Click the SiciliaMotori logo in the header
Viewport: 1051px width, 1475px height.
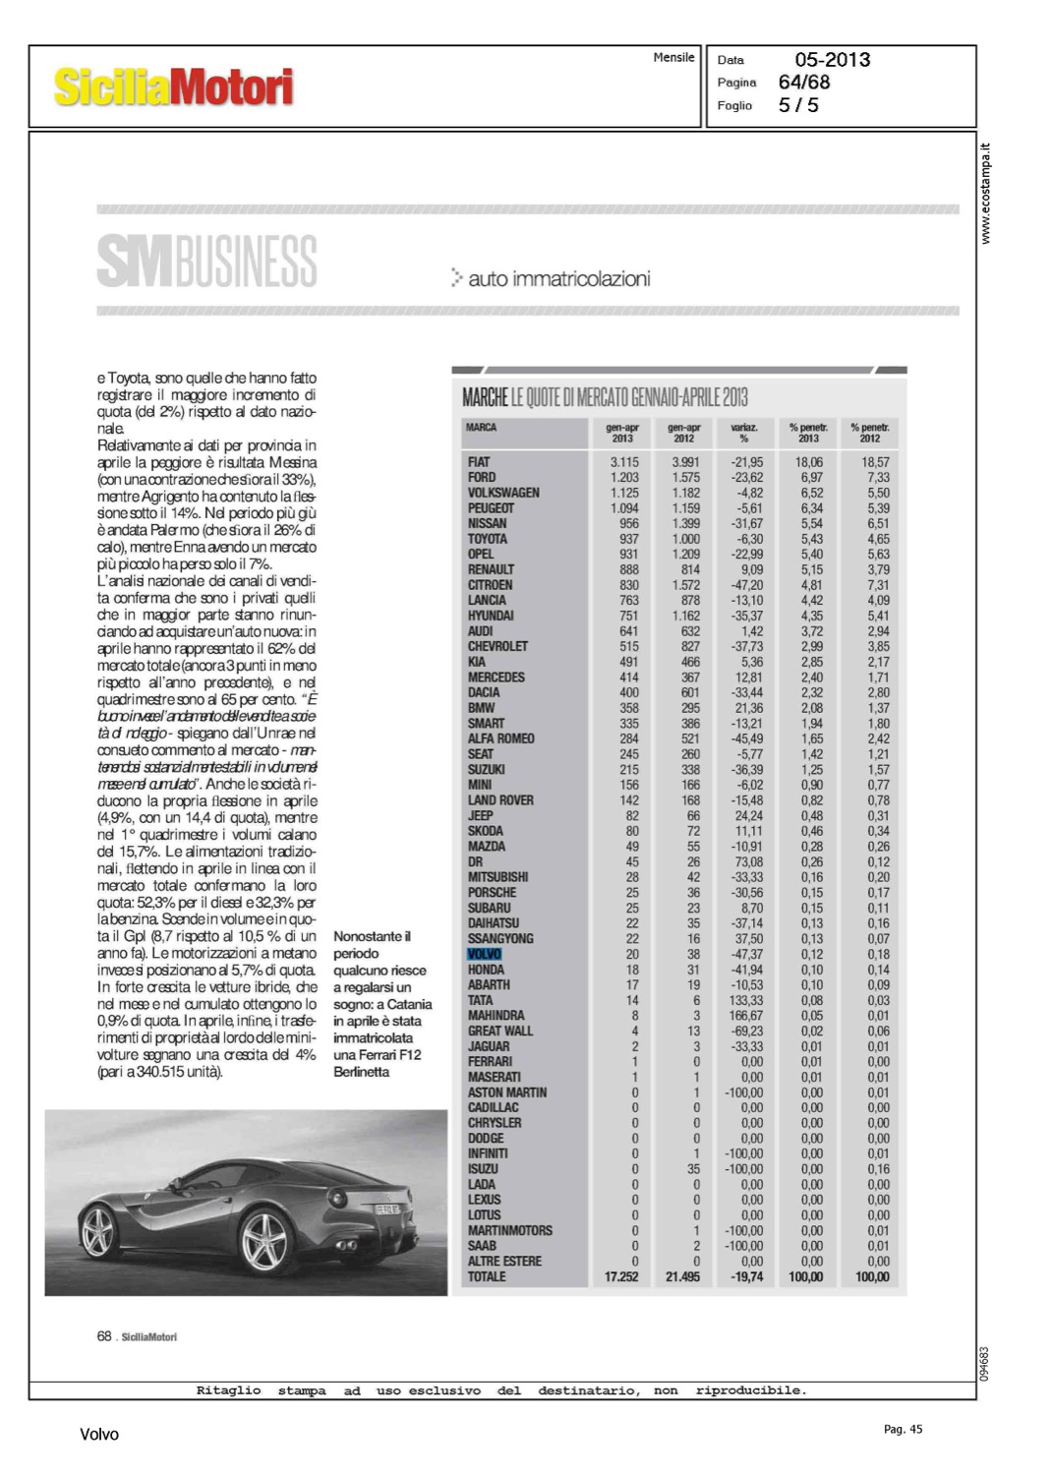(173, 87)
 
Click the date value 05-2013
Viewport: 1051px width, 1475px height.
(832, 60)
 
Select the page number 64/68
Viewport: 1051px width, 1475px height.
(804, 83)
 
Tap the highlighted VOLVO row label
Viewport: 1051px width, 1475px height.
(485, 954)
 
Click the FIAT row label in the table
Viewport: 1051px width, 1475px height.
(479, 462)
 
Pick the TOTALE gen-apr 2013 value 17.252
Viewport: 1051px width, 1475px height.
(621, 1276)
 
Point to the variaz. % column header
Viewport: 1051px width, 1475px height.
(744, 433)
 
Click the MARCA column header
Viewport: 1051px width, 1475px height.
(482, 428)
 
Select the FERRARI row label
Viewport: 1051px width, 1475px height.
(490, 1062)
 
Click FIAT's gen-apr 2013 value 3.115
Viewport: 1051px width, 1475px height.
(624, 462)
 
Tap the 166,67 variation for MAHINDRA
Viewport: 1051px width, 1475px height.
(746, 1016)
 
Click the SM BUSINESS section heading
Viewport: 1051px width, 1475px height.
(207, 262)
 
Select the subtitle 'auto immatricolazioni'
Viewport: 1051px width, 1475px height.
(558, 279)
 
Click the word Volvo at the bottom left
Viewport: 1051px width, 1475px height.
(99, 1435)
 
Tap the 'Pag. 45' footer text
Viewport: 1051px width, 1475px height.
(903, 1430)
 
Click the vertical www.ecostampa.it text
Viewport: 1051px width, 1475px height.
(986, 194)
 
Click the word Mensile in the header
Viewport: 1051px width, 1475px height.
(673, 58)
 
